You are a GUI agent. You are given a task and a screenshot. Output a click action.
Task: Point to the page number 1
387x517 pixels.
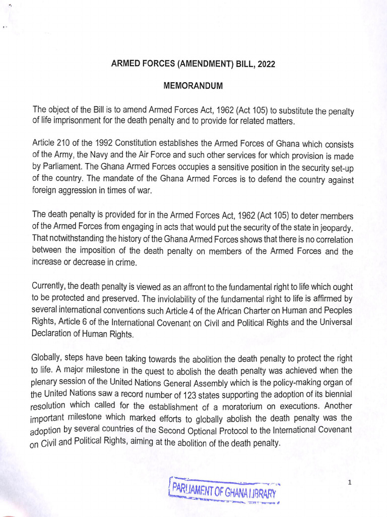coord(349,483)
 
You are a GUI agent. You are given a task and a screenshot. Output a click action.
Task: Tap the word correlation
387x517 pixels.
coord(330,239)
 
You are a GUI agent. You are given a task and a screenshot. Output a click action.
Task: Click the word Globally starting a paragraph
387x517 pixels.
coord(47,359)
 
